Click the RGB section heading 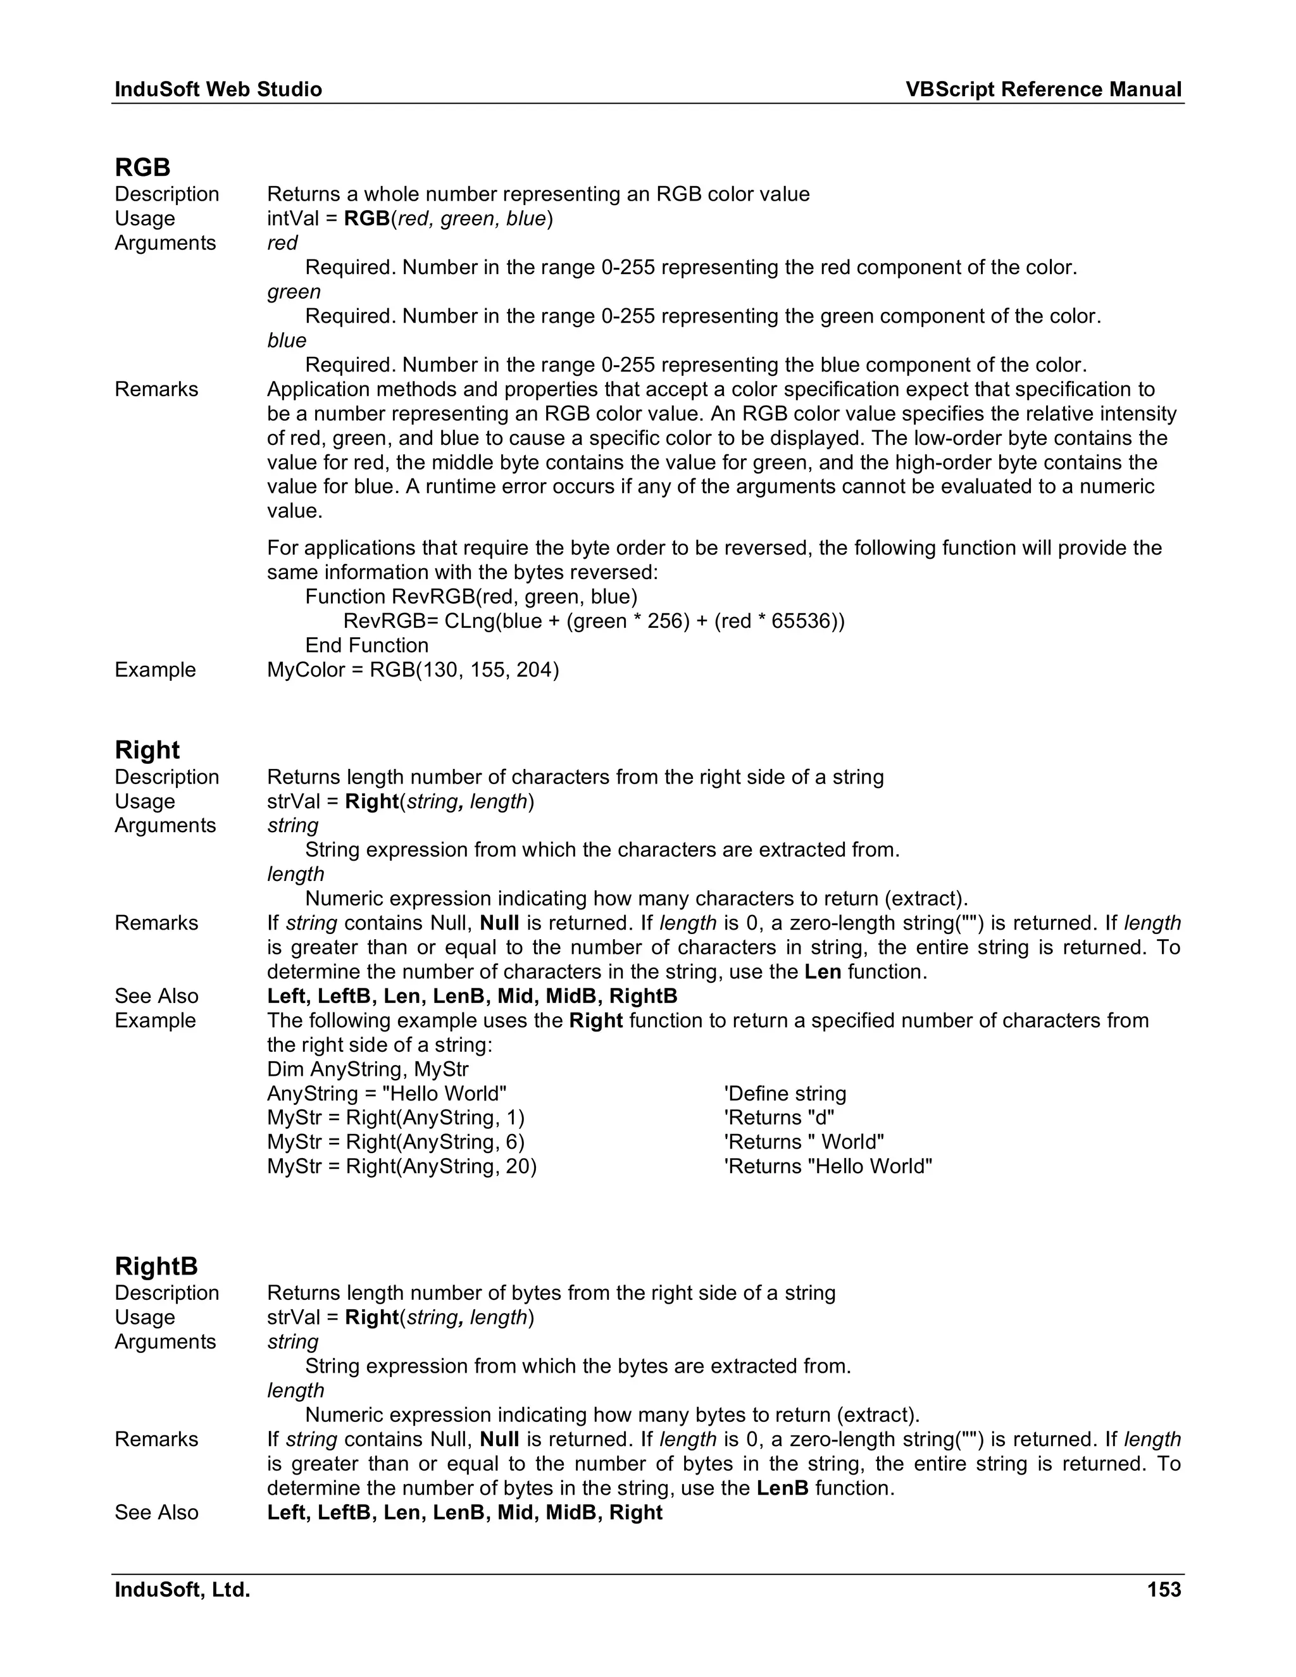pos(143,168)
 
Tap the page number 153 pos(1164,1590)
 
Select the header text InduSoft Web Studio pos(218,90)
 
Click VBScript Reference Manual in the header pos(1044,90)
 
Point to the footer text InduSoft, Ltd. pos(183,1590)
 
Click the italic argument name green pos(294,292)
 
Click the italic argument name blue pos(287,340)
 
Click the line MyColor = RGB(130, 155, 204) pos(413,670)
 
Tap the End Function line pos(367,645)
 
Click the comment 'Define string pos(785,1094)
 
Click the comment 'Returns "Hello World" pos(828,1166)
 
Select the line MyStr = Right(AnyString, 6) pos(396,1142)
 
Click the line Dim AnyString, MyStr pos(368,1069)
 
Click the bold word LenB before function pos(782,1488)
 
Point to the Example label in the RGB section pos(155,670)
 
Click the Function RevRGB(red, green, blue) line pos(471,597)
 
